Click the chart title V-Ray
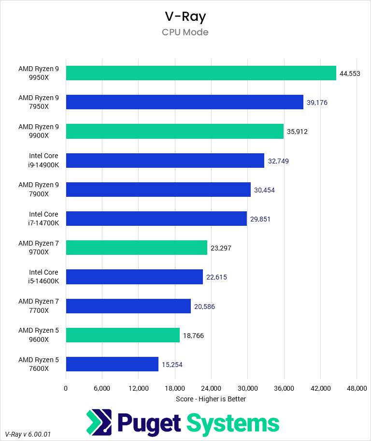[185, 16]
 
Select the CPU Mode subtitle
[185, 32]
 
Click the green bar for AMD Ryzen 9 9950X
[200, 73]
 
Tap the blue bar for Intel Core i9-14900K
[165, 161]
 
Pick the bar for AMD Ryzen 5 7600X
[112, 364]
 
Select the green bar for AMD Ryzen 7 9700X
[136, 248]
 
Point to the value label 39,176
[317, 103]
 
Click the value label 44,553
[350, 73]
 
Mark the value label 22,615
[216, 277]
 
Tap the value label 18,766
[193, 335]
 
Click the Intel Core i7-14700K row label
[43, 219]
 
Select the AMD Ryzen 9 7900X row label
[39, 190]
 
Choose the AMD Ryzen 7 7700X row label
[39, 306]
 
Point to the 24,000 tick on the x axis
[211, 388]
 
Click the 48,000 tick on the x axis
[356, 388]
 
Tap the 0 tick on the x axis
[66, 388]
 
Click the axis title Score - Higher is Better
[211, 399]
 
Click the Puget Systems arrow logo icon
[99, 423]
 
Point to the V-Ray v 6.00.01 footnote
[28, 435]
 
